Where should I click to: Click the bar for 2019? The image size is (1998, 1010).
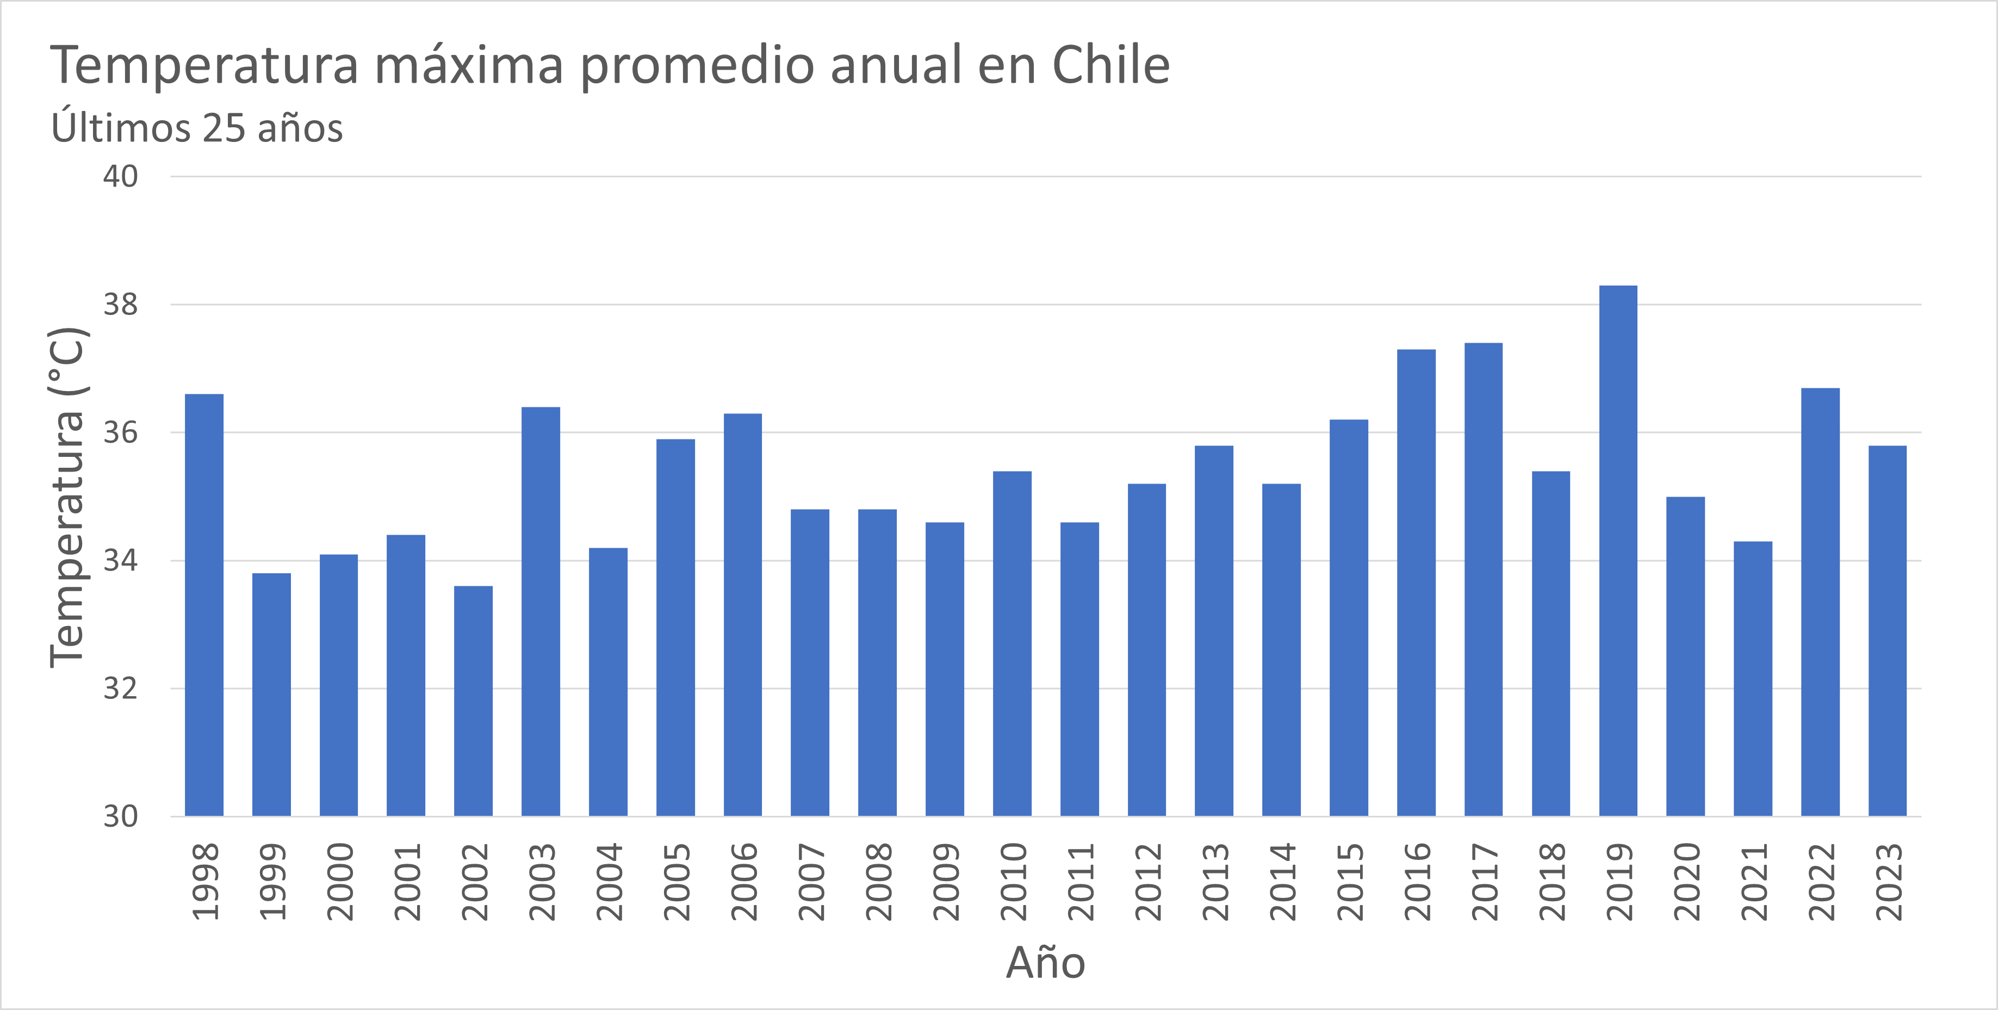[x=1618, y=551]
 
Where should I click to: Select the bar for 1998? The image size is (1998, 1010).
[x=204, y=605]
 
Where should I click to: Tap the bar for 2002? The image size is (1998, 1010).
[x=473, y=701]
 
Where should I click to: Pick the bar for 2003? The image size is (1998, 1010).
[x=541, y=611]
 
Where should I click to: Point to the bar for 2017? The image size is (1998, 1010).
[x=1483, y=579]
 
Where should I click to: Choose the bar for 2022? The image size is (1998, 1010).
[x=1820, y=602]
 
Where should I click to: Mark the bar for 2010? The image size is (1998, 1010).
[x=1012, y=644]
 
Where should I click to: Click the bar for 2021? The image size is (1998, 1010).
[x=1753, y=679]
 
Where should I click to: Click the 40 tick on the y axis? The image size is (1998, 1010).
[x=121, y=177]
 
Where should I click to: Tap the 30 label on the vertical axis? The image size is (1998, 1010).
[x=121, y=816]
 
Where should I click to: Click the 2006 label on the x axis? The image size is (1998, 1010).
[x=743, y=882]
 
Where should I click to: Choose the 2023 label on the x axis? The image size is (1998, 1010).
[x=1888, y=882]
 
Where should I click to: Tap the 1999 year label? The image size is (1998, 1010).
[x=271, y=882]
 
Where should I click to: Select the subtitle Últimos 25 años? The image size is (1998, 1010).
[x=197, y=128]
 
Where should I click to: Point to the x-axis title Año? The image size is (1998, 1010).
[x=1046, y=963]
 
